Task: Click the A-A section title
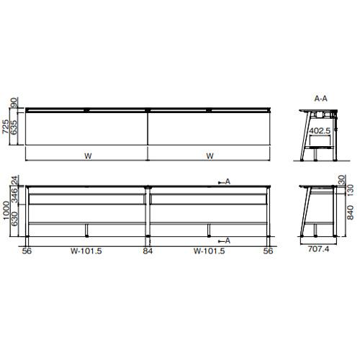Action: (x=320, y=99)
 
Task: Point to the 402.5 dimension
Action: (x=320, y=131)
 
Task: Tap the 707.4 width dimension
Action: (x=318, y=249)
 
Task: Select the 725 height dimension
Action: (x=6, y=127)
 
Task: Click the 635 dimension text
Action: (x=14, y=127)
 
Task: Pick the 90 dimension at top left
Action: (x=14, y=102)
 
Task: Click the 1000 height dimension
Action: (x=6, y=210)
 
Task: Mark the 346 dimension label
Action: (x=14, y=196)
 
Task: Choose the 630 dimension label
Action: (x=14, y=219)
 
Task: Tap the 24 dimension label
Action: (x=14, y=181)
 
